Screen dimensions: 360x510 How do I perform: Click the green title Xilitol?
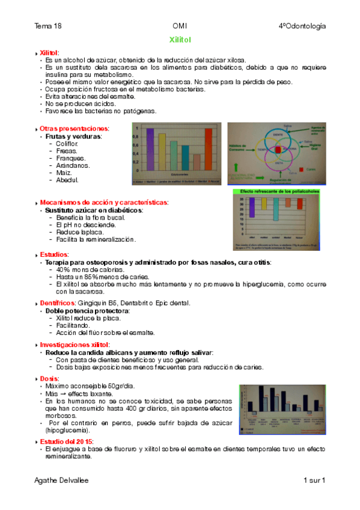pos(180,40)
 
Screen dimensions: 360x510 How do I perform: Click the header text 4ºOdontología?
pos(302,26)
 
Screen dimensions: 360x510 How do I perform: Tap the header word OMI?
pos(179,26)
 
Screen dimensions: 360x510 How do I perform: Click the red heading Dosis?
pos(49,378)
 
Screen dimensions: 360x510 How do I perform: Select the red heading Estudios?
pos(54,255)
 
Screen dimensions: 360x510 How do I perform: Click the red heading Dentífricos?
pos(56,303)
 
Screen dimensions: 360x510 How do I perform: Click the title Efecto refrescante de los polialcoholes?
pos(280,191)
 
